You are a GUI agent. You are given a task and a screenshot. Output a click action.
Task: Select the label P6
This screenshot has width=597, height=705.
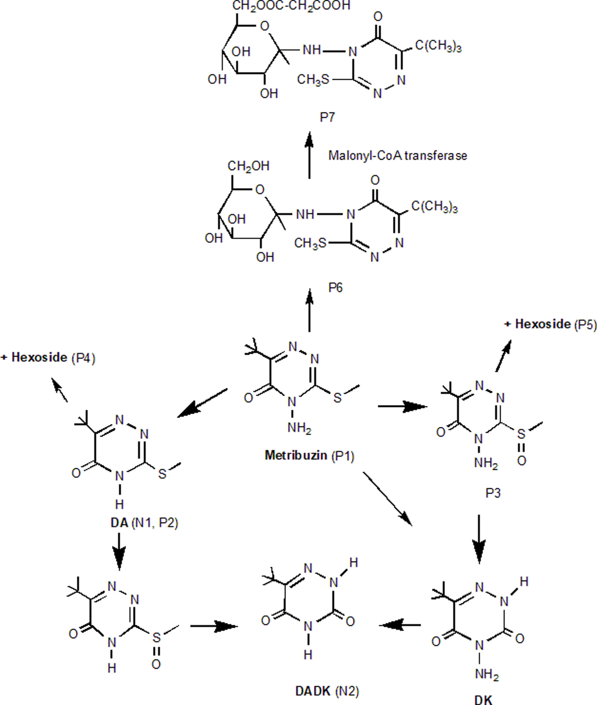(335, 288)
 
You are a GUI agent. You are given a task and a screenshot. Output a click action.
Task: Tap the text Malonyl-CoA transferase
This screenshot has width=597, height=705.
(398, 156)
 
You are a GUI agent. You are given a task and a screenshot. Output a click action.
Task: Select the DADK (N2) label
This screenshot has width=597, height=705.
(327, 691)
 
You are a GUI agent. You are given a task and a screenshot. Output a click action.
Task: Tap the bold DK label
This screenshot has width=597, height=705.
(483, 700)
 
